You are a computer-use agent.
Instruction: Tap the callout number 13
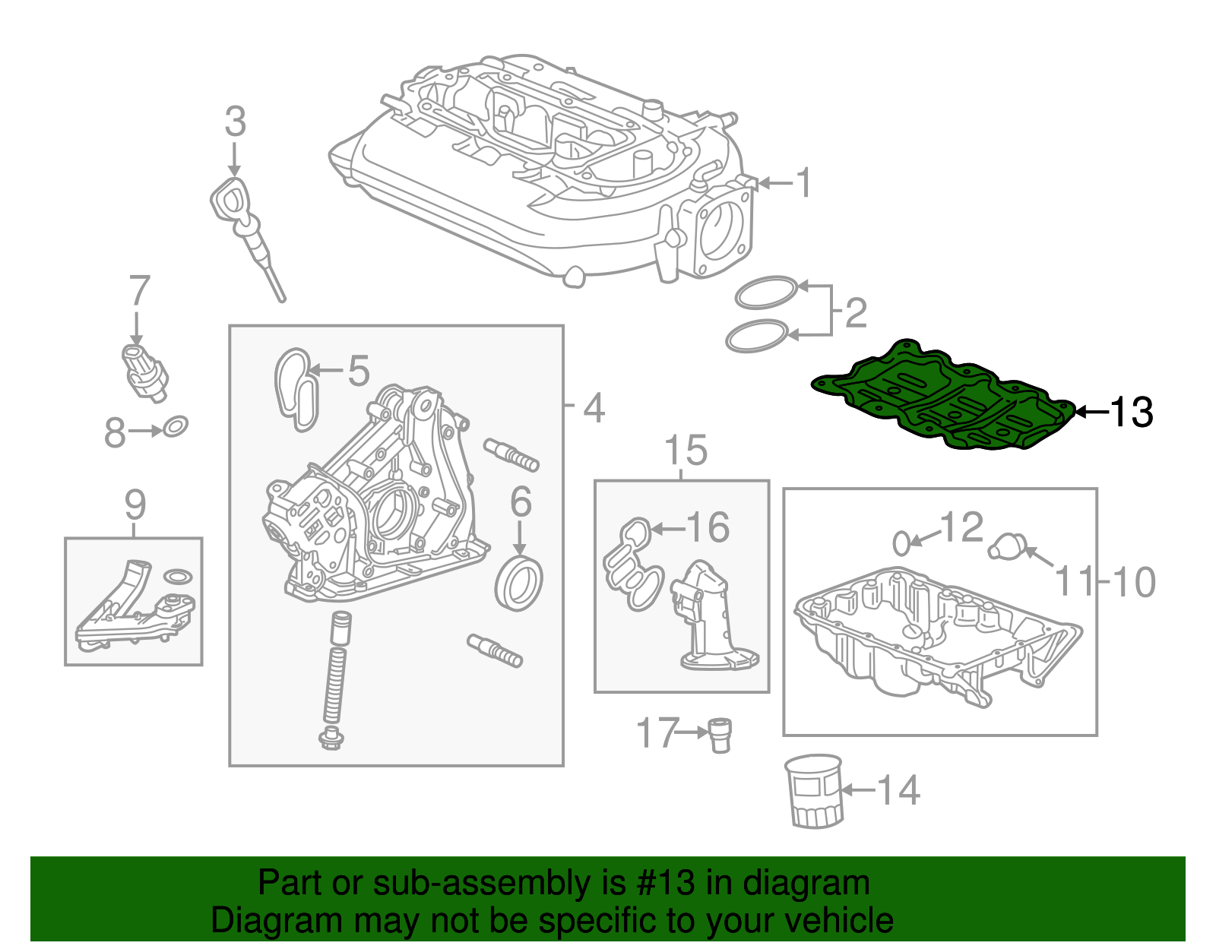coord(1131,413)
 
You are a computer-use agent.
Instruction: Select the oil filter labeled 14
coord(814,790)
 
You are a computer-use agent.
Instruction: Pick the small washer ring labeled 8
coord(175,427)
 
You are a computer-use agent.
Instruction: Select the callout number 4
coord(594,408)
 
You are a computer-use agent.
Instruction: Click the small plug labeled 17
coord(719,734)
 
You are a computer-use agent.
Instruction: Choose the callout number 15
coord(686,451)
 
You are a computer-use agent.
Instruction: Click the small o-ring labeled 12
coord(901,543)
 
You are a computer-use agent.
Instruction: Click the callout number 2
coord(856,313)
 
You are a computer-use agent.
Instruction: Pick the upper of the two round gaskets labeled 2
coord(765,292)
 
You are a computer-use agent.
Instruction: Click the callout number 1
coord(803,183)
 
